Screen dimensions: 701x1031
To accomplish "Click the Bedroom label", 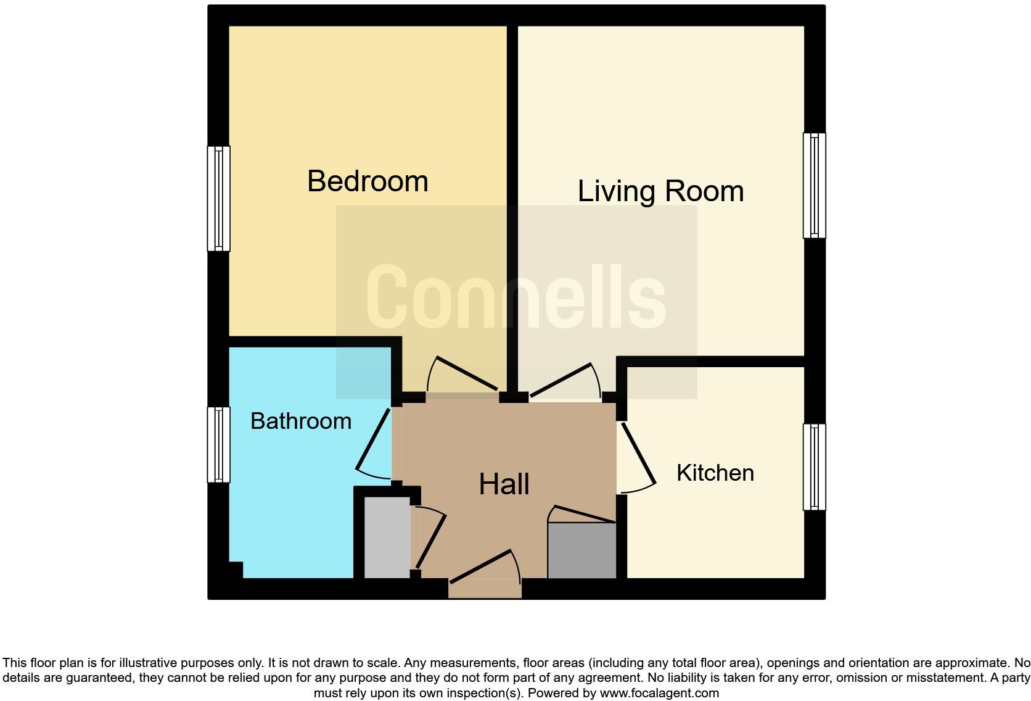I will coord(368,181).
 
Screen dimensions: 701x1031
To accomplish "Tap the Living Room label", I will coord(660,191).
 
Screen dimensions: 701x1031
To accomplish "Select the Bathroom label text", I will coord(301,421).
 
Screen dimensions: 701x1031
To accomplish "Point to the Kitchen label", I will coord(715,473).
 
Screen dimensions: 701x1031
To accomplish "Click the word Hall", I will coord(504,484).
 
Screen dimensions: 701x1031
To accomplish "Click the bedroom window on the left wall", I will coord(218,199).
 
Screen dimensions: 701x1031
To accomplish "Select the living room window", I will coord(814,185).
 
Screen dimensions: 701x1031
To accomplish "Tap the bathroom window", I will coord(218,444).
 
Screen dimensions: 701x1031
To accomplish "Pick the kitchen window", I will coord(814,467).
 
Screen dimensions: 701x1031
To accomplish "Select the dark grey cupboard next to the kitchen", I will coord(581,550).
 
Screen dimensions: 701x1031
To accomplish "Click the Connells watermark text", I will coord(515,297).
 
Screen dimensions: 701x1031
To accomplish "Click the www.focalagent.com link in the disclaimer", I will coord(659,693).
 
